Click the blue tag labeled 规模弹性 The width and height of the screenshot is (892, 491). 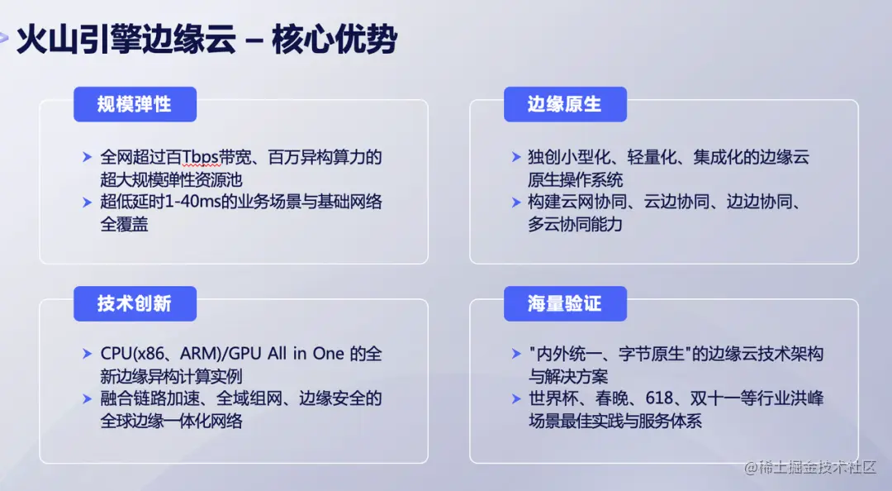pos(135,104)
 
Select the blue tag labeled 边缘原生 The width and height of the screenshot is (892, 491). pos(565,104)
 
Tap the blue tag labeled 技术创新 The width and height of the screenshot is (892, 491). pos(135,303)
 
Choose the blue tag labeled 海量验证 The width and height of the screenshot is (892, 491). pos(565,303)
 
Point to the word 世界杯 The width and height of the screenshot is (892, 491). pos(550,398)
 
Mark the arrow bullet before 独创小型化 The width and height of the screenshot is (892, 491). pos(516,157)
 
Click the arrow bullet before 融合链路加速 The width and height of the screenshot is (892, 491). pos(88,398)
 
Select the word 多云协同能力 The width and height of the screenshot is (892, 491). pos(575,224)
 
